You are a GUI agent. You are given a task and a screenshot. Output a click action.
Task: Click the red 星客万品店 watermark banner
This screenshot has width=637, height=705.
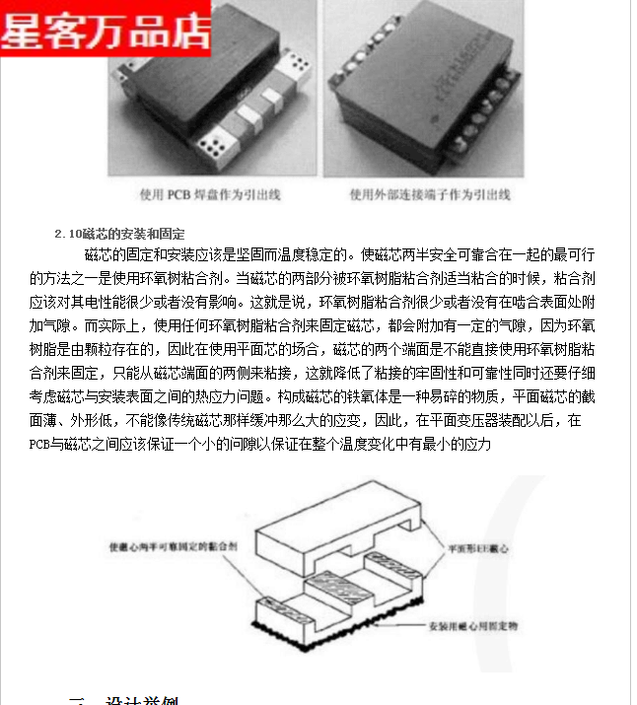(106, 28)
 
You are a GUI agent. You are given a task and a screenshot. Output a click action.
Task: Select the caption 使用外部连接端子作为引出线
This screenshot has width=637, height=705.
(430, 194)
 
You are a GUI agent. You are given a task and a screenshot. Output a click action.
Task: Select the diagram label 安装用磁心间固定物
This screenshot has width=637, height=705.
(472, 627)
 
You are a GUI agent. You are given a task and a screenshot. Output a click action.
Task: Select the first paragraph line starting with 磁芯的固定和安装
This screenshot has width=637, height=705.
(325, 254)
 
